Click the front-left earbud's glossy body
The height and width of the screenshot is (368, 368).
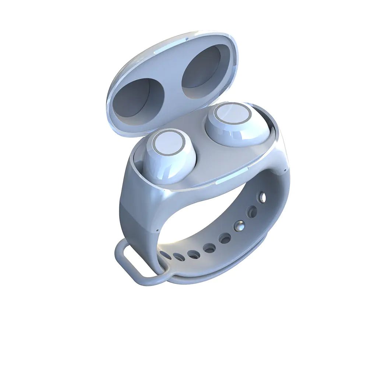coord(173,166)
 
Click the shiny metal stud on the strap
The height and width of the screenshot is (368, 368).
coord(240,225)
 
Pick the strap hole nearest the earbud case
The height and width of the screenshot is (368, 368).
coord(262,198)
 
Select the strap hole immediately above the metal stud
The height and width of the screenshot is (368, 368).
coord(252,212)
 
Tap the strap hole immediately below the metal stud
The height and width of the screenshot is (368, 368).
coord(225,238)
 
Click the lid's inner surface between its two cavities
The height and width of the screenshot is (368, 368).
coord(170,85)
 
